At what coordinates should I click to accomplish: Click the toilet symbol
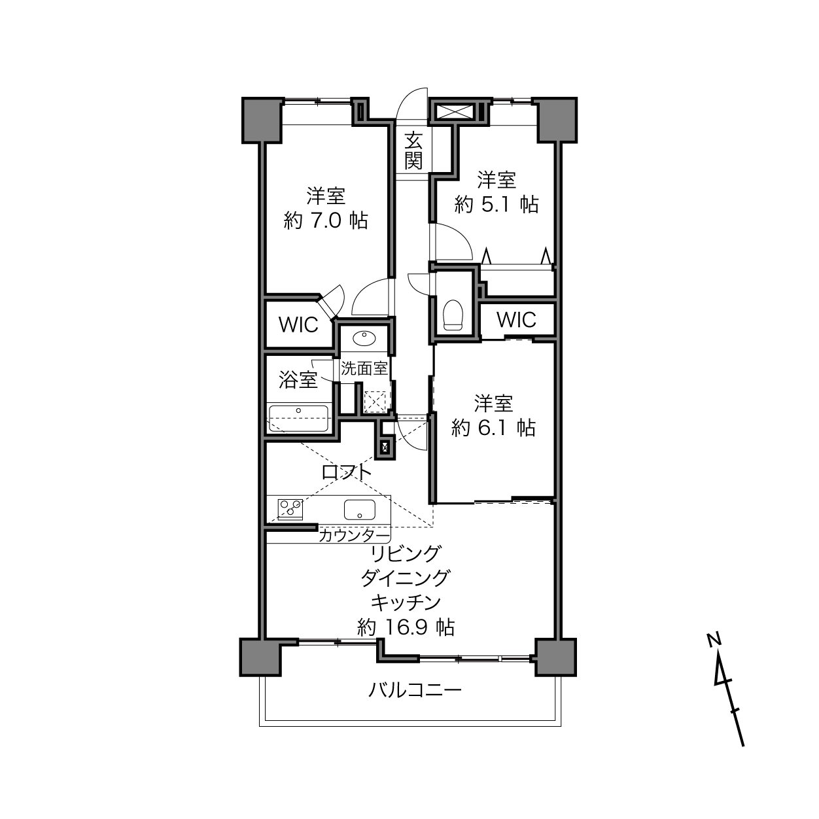click(x=453, y=315)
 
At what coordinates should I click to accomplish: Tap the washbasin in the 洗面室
click(x=364, y=339)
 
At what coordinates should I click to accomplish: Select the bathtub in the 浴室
click(x=299, y=419)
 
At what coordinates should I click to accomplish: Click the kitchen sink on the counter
click(x=360, y=509)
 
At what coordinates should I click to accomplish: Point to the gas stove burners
click(x=290, y=509)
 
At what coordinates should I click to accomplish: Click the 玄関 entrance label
click(x=413, y=150)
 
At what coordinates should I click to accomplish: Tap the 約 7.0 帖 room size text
click(x=326, y=221)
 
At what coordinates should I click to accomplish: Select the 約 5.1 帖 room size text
click(x=496, y=205)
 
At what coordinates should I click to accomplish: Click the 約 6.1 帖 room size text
click(x=493, y=428)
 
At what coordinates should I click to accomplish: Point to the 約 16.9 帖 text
click(x=406, y=627)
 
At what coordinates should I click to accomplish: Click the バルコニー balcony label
click(x=414, y=689)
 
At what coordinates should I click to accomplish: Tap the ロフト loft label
click(x=347, y=472)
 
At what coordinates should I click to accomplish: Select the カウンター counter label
click(x=354, y=536)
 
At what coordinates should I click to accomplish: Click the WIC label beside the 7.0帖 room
click(x=298, y=325)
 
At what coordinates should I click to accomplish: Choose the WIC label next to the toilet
click(x=516, y=320)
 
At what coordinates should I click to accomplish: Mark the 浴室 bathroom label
click(x=298, y=379)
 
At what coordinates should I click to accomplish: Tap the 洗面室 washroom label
click(x=364, y=368)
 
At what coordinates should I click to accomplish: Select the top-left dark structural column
click(x=262, y=120)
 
